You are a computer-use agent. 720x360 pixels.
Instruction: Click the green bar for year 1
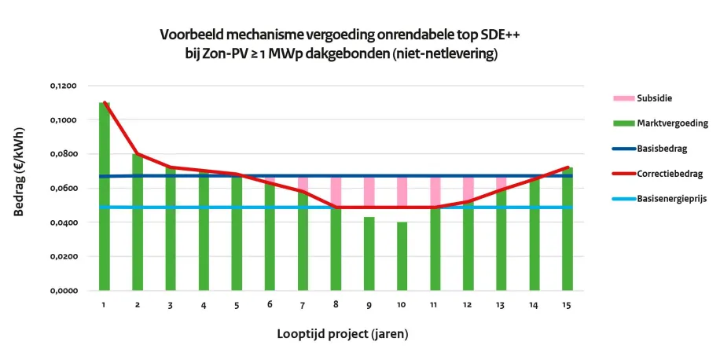pos(105,197)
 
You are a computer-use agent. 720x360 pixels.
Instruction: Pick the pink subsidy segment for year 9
pos(369,197)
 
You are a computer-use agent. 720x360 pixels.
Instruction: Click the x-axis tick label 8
pos(336,304)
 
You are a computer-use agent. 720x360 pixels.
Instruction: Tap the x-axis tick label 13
pos(501,304)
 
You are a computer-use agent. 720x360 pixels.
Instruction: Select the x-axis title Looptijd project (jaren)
pos(342,333)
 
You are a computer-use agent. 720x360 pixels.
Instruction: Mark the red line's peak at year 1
pos(105,102)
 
